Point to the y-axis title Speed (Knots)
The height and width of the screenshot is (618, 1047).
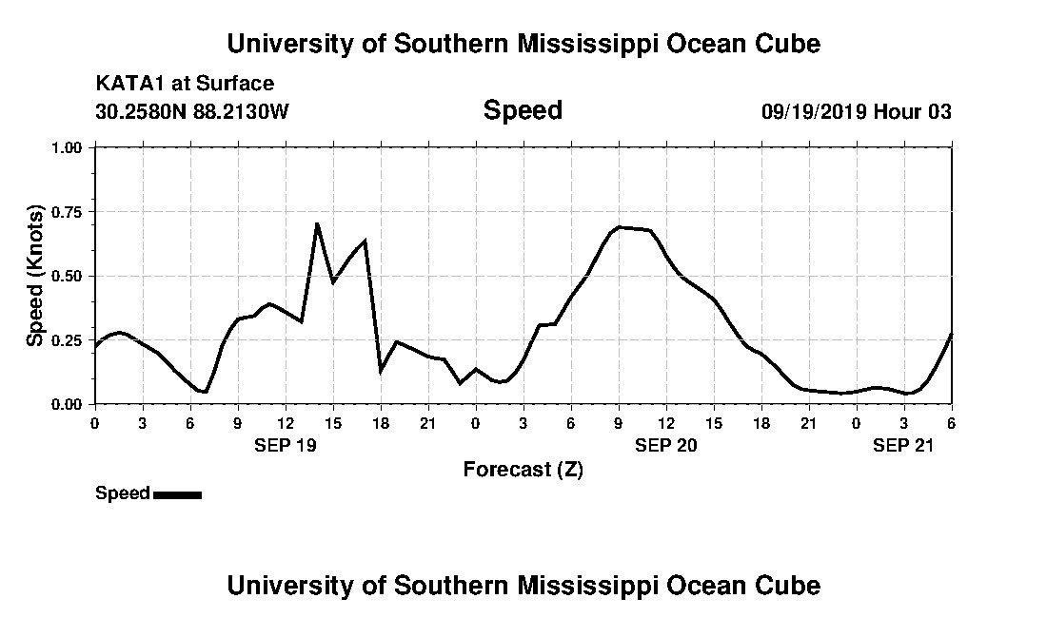coord(35,276)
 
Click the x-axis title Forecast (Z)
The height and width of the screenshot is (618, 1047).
coord(523,470)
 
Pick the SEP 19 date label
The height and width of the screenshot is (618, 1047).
coord(286,445)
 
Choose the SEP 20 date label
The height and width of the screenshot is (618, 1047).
coord(666,445)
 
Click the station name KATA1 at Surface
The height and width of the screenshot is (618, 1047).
coord(185,84)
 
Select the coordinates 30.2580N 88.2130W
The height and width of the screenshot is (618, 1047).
coord(192,111)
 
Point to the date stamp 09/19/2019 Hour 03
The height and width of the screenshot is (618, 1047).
coord(856,111)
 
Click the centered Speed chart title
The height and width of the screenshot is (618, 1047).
coord(523,110)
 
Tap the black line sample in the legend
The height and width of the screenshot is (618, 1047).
coord(177,494)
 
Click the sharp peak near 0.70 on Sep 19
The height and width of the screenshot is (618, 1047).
coord(317,224)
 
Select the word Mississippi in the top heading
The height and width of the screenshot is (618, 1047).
coord(570,44)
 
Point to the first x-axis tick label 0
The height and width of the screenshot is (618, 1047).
coord(94,423)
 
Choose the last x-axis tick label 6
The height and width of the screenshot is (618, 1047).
coord(952,423)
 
